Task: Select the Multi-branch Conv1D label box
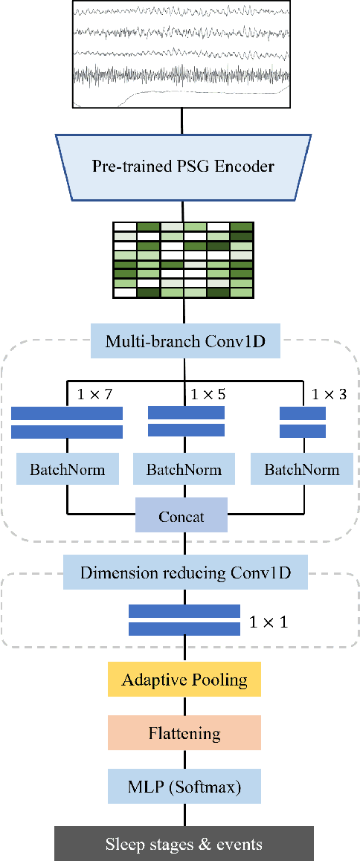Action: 184,342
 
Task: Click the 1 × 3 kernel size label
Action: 329,393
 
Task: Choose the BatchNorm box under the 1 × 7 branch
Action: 68,470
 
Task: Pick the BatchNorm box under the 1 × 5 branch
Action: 184,470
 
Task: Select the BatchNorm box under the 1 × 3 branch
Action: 302,470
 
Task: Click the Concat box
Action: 181,516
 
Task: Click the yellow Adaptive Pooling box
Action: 184,680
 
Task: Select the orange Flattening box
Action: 184,733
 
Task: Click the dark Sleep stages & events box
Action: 184,843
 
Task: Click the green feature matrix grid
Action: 183,259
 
